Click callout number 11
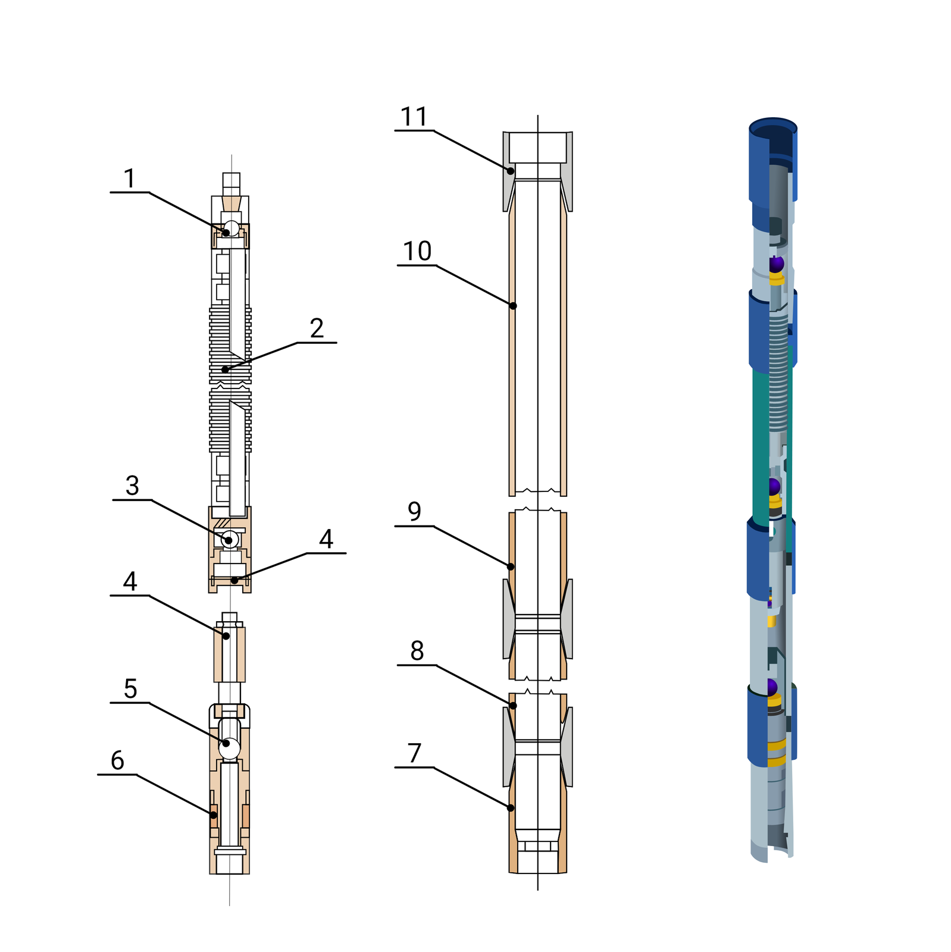pyautogui.click(x=414, y=117)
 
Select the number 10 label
pyautogui.click(x=417, y=251)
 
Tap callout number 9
pyautogui.click(x=415, y=511)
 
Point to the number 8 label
pyautogui.click(x=417, y=651)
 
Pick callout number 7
pyautogui.click(x=415, y=753)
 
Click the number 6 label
pyautogui.click(x=117, y=760)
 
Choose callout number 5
pyautogui.click(x=130, y=689)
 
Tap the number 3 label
pyautogui.click(x=132, y=486)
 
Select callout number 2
pyautogui.click(x=317, y=328)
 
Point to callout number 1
pyautogui.click(x=130, y=178)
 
